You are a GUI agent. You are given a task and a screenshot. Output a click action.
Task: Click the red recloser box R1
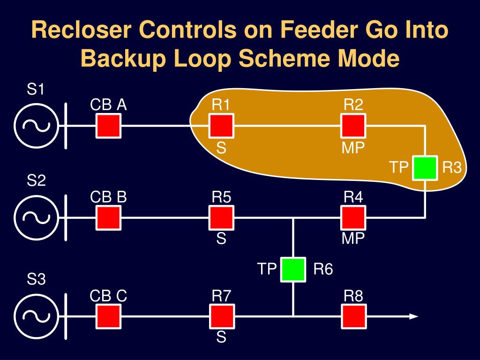221,126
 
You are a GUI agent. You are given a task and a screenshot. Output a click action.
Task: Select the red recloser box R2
353,126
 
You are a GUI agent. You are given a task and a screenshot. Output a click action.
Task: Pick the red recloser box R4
353,218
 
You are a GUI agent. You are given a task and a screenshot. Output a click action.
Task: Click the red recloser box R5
221,218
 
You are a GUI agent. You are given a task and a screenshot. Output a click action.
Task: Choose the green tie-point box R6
293,270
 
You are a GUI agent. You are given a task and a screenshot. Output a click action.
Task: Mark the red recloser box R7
221,316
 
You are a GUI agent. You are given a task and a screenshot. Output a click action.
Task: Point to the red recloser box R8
353,316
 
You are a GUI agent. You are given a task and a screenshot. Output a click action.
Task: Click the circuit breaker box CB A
109,126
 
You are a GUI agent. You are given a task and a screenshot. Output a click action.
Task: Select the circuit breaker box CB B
109,218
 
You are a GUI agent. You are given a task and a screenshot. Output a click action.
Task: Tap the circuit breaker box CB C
109,316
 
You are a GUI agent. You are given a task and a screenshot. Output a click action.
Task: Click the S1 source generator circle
36,126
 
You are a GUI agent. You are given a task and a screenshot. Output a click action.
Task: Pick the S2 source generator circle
36,218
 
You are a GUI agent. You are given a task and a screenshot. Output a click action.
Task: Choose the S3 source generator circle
36,316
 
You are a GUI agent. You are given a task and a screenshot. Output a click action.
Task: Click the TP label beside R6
267,270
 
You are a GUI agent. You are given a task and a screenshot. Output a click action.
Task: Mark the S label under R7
221,337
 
